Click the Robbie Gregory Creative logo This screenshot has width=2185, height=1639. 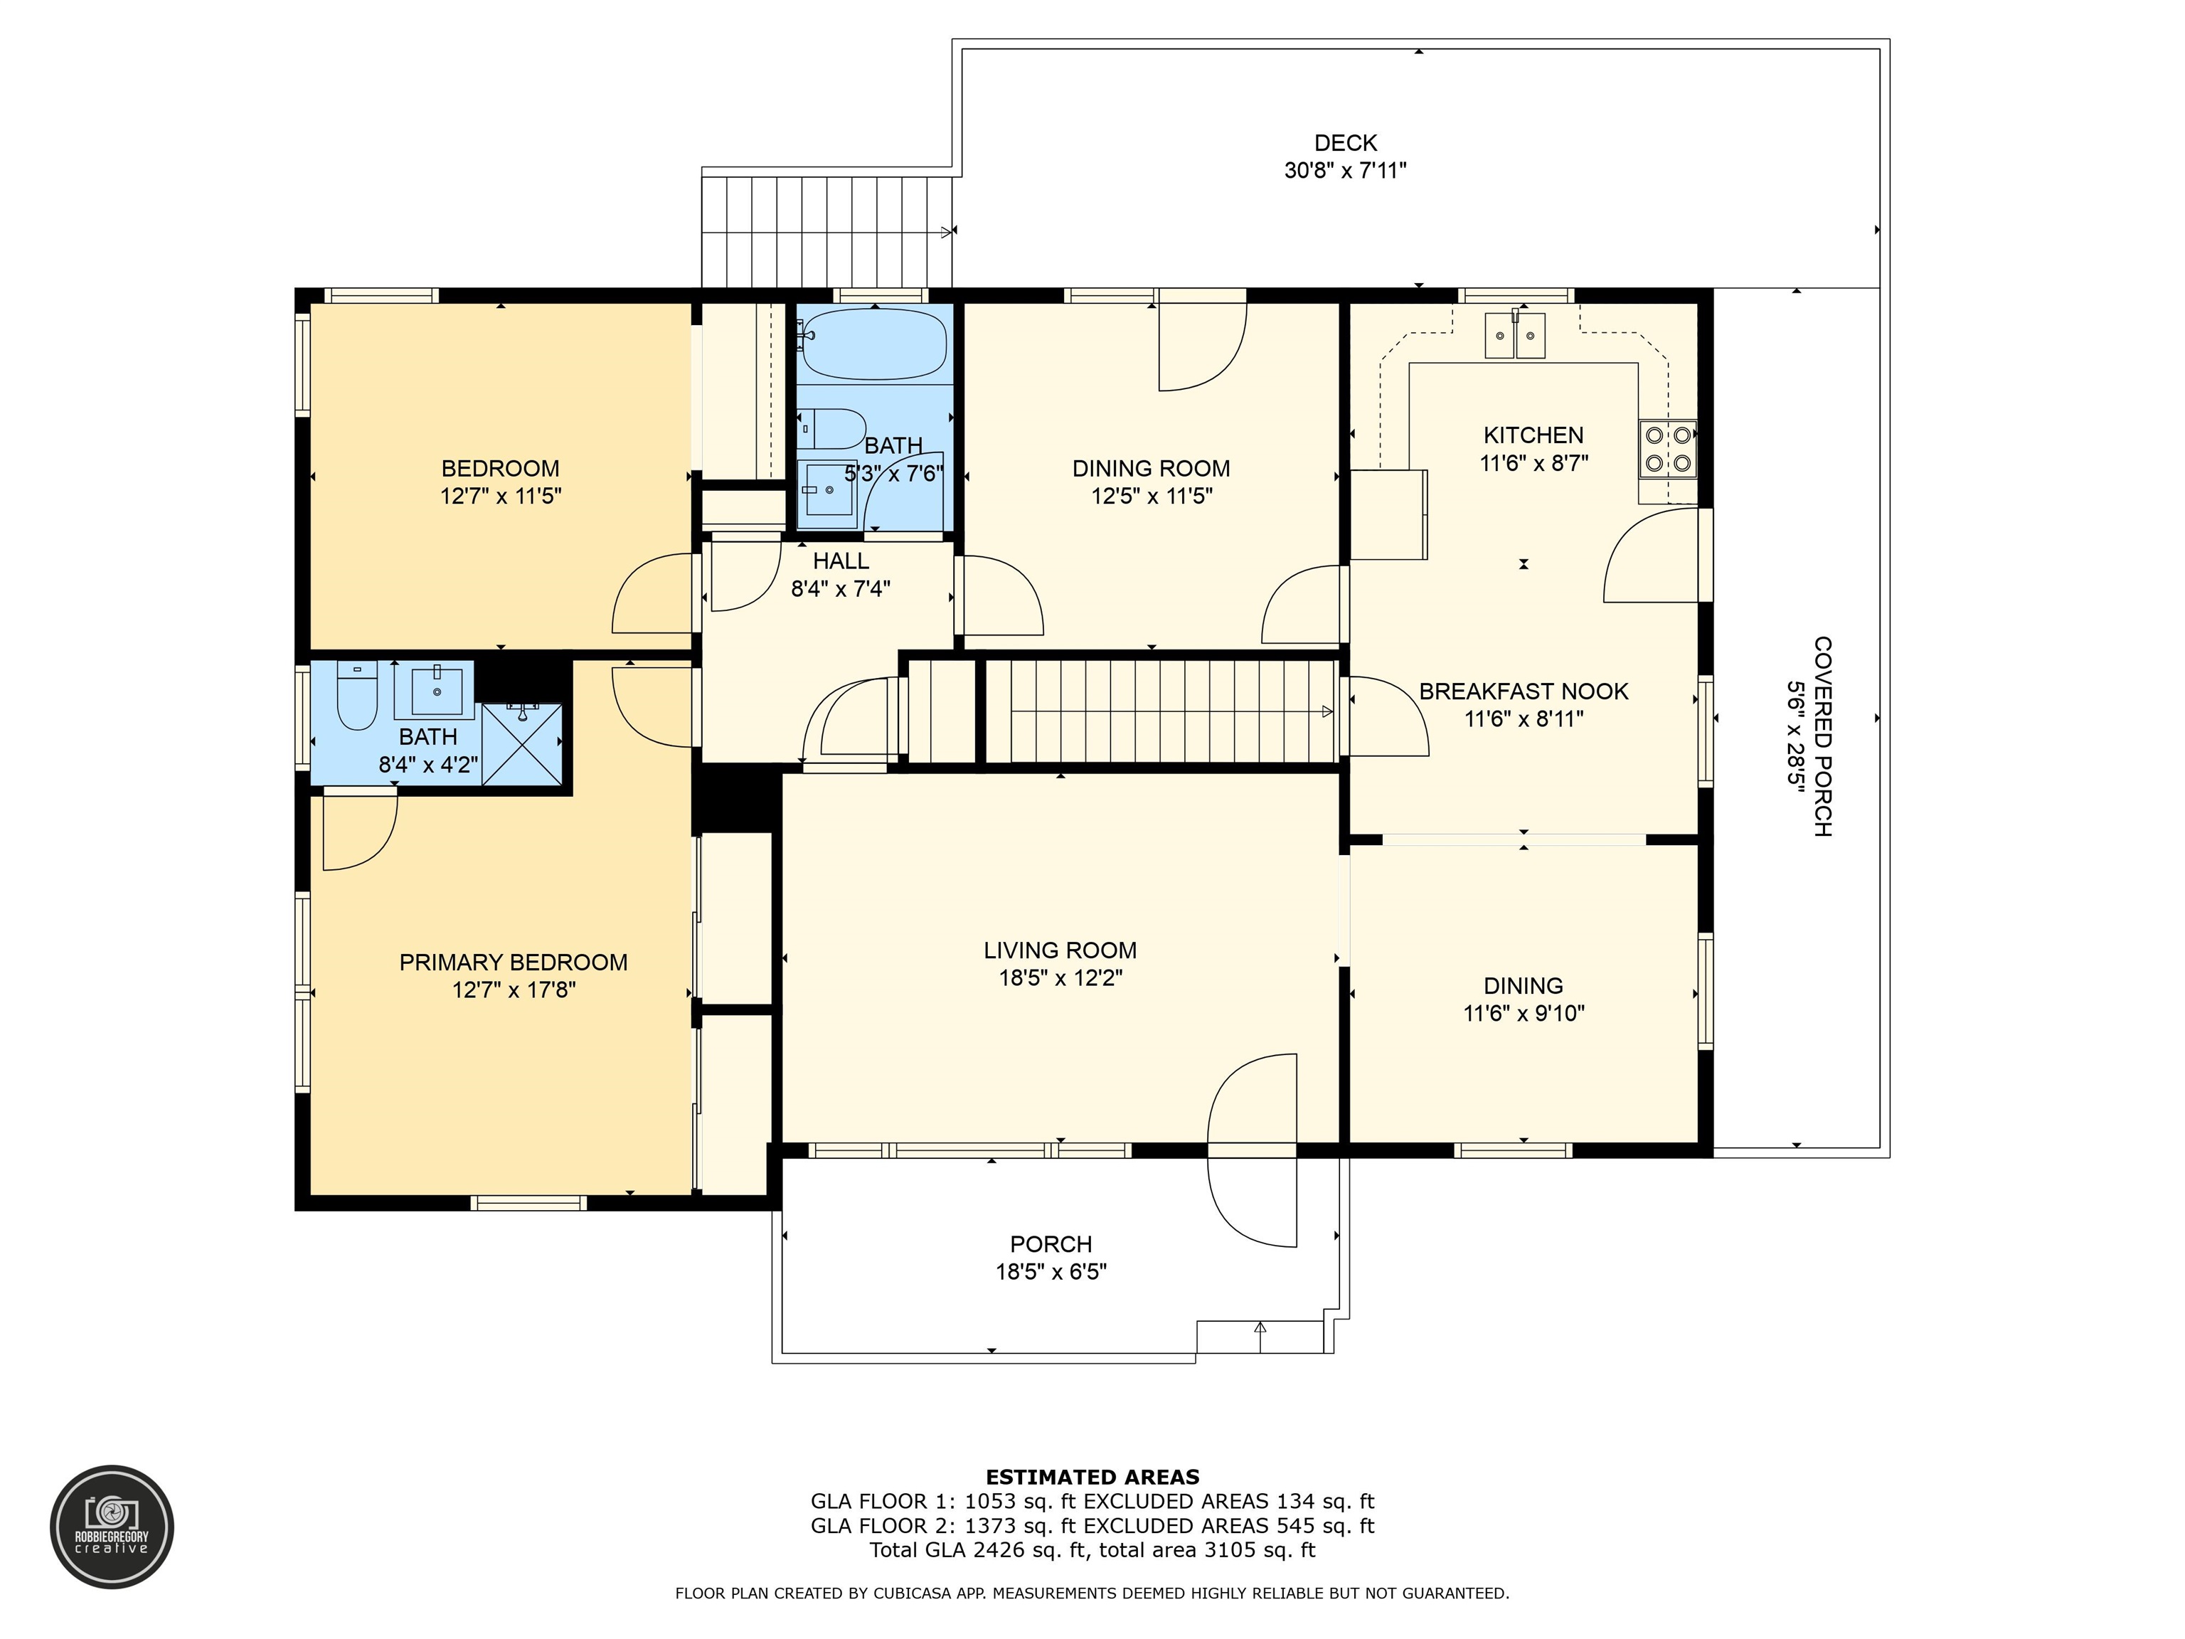[112, 1527]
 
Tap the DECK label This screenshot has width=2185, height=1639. [1346, 143]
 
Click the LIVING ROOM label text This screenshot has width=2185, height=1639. [1060, 950]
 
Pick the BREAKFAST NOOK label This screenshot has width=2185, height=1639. [1524, 691]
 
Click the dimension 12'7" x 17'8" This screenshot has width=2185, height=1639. [514, 990]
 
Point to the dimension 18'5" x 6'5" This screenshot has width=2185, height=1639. [1051, 1271]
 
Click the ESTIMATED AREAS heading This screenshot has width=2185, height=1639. [1092, 1477]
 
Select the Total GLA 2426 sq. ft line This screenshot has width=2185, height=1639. [1092, 1550]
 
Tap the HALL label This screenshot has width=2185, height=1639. [841, 561]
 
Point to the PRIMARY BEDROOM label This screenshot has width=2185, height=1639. [514, 962]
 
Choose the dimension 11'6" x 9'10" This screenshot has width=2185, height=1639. [1524, 1013]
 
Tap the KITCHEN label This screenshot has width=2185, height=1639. [1533, 435]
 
